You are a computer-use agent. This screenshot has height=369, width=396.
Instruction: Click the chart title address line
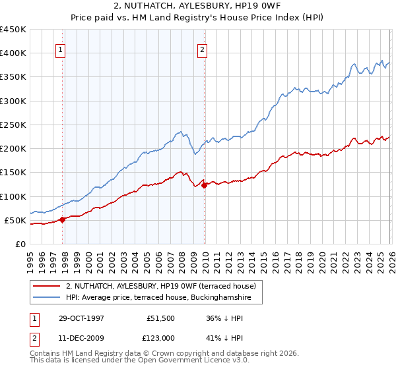coord(197,7)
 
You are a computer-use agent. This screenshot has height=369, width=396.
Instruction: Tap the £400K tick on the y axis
coord(13,53)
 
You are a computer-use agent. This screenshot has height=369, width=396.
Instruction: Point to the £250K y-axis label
coord(13,125)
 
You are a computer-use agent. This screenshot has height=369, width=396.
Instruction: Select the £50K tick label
coord(15,220)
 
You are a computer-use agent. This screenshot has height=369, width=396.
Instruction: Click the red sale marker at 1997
coord(63,219)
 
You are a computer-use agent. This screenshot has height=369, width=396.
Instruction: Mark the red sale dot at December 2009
coord(204,185)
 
